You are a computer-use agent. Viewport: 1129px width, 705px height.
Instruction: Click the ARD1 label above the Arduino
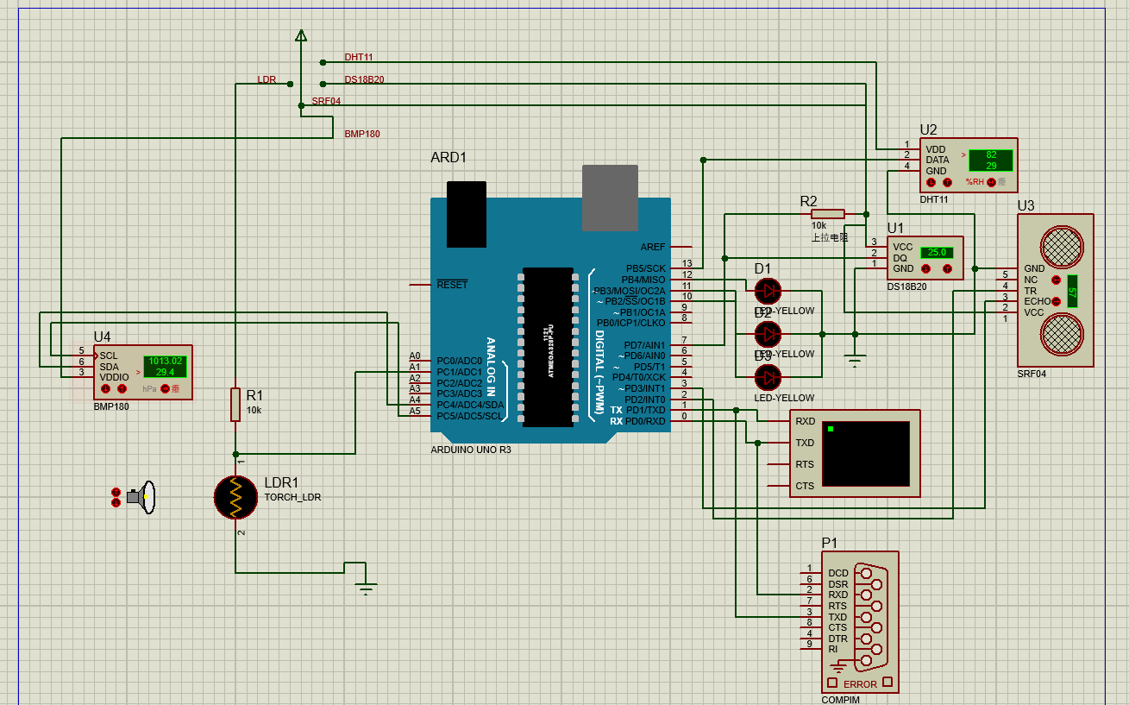point(448,158)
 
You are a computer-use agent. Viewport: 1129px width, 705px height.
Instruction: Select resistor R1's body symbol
point(235,404)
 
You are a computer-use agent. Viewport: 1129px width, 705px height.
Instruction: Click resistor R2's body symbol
point(828,214)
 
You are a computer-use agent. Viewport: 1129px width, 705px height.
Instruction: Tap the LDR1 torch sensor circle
point(235,496)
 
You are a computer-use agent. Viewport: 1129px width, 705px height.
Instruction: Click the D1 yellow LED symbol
point(767,290)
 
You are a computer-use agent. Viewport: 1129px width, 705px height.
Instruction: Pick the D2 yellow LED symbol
point(767,333)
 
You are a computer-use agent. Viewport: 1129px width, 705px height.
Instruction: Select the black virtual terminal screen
point(865,453)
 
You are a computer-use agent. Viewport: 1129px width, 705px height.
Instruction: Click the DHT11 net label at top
point(359,57)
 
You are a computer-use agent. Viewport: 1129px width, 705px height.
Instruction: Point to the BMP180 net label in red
point(362,134)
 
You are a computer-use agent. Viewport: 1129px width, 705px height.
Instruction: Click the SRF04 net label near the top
point(326,101)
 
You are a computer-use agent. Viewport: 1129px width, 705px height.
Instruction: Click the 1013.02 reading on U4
point(165,361)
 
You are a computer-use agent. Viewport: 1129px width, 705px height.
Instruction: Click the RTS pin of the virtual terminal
point(804,464)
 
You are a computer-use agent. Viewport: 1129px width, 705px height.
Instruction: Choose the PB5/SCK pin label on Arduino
point(645,268)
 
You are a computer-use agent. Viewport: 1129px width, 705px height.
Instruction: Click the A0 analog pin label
point(415,356)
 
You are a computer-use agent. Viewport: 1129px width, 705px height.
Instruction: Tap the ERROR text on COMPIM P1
point(860,684)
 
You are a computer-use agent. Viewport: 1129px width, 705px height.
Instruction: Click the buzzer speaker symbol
point(142,497)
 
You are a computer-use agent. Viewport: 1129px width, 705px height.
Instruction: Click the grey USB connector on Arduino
point(610,198)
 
